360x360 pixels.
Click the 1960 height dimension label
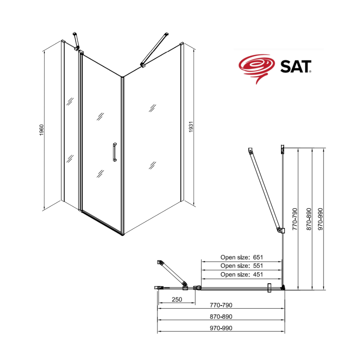coord(41,130)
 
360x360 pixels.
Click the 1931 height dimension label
coord(191,127)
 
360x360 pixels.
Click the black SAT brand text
coord(296,67)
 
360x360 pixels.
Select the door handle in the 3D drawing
coord(115,152)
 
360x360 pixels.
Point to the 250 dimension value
coord(177,300)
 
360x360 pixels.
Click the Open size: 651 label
coord(242,257)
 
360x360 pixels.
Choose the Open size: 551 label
coord(242,266)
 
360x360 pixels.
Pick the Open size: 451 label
coord(242,274)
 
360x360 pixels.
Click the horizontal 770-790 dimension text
coord(221,305)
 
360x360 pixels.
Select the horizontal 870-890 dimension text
coord(221,316)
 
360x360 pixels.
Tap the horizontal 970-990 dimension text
coord(221,328)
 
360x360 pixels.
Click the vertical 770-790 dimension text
coord(295,219)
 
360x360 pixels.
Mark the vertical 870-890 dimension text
coord(309,219)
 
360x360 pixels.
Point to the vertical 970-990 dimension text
coord(320,219)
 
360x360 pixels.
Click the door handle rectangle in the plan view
coord(269,288)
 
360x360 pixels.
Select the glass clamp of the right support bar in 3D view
coord(143,65)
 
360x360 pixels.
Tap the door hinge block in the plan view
coord(197,288)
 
